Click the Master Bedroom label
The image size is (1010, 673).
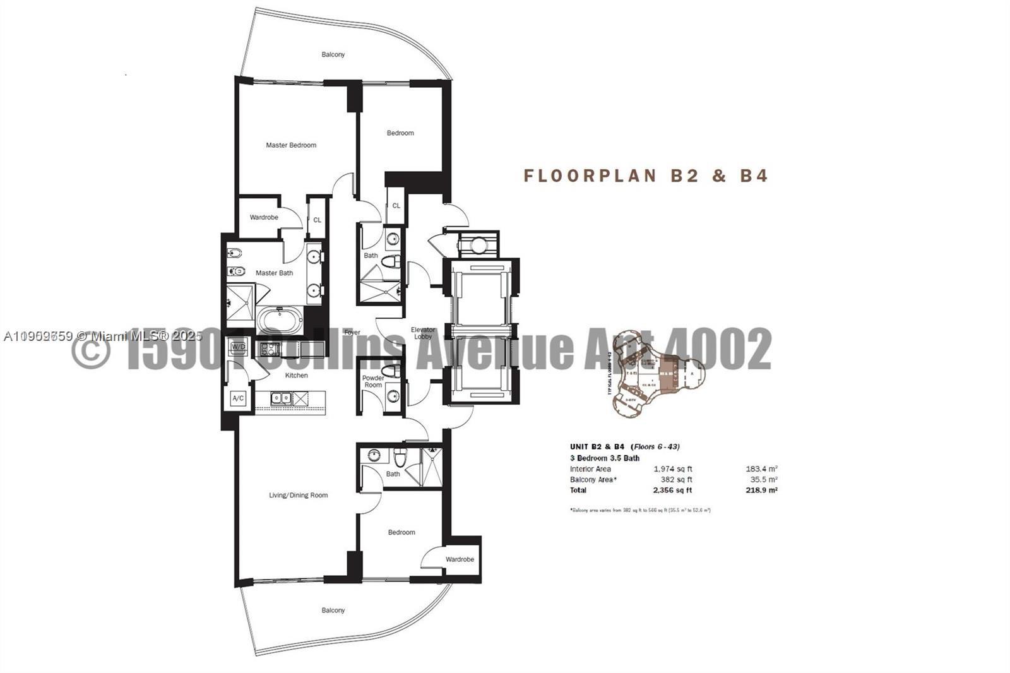click(x=291, y=145)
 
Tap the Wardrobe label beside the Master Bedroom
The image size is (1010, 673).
click(x=264, y=217)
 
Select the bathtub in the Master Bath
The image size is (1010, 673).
click(x=280, y=320)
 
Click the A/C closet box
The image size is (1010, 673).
click(x=238, y=399)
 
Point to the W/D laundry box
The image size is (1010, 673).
click(x=238, y=347)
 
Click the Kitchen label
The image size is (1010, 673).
click(x=296, y=375)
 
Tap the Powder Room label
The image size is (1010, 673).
click(x=373, y=381)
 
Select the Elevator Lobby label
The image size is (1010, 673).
click(x=423, y=333)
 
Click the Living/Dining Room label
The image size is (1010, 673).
click(x=298, y=495)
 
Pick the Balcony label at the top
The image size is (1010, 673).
click(x=333, y=55)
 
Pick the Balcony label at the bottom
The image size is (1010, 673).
click(x=333, y=610)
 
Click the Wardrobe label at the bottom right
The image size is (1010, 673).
click(x=460, y=559)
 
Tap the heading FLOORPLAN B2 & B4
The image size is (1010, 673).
click(x=646, y=176)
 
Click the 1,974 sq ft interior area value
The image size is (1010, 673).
click(x=673, y=469)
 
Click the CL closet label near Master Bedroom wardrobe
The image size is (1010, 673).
click(x=318, y=220)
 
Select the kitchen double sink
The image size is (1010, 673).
click(x=281, y=398)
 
